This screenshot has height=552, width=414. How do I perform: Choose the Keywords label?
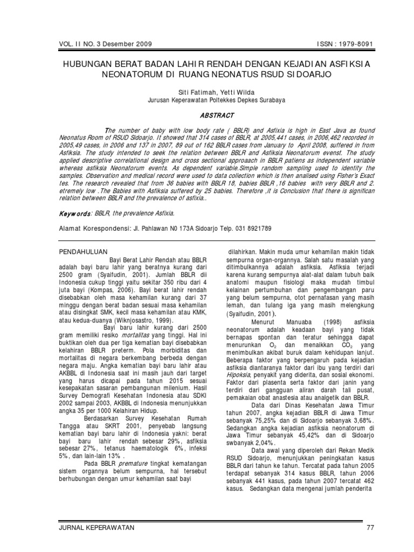[73, 213]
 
